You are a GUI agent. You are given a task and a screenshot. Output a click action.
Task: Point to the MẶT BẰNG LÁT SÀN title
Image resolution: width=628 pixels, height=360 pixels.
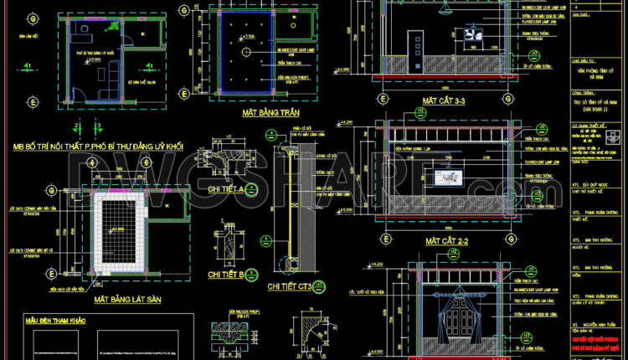pyautogui.click(x=126, y=298)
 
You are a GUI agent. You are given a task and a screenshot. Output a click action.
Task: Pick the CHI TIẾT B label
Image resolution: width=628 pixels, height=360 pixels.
pyautogui.click(x=224, y=274)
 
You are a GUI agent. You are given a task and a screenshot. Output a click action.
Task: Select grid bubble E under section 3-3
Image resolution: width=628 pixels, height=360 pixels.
pyautogui.click(x=383, y=99)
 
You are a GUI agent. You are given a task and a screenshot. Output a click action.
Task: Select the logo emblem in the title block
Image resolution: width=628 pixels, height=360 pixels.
pyautogui.click(x=615, y=135)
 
